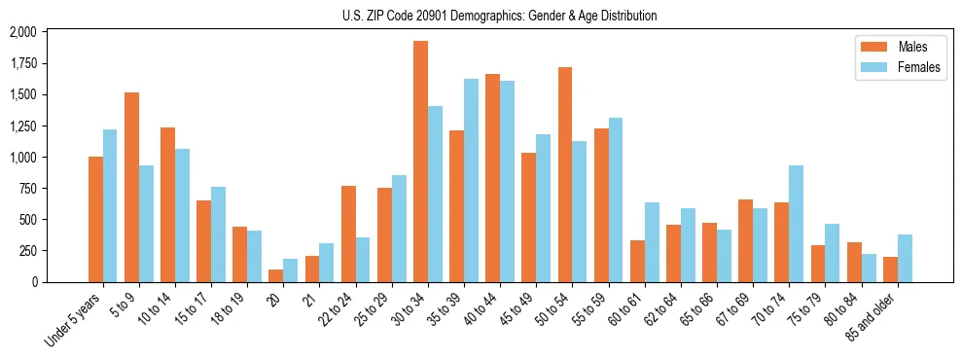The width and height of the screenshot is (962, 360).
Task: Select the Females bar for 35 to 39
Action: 471,180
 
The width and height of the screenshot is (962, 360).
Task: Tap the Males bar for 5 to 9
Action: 131,187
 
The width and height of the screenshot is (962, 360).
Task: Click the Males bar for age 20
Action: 276,275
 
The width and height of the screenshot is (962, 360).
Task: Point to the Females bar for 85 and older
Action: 905,258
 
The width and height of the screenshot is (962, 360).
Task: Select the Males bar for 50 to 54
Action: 565,174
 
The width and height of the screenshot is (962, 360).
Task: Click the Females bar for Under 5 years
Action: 110,205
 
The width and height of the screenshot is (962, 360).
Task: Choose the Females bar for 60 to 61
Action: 652,242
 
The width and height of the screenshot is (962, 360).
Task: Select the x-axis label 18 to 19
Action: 230,310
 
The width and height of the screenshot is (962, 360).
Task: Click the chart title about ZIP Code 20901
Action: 499,16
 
